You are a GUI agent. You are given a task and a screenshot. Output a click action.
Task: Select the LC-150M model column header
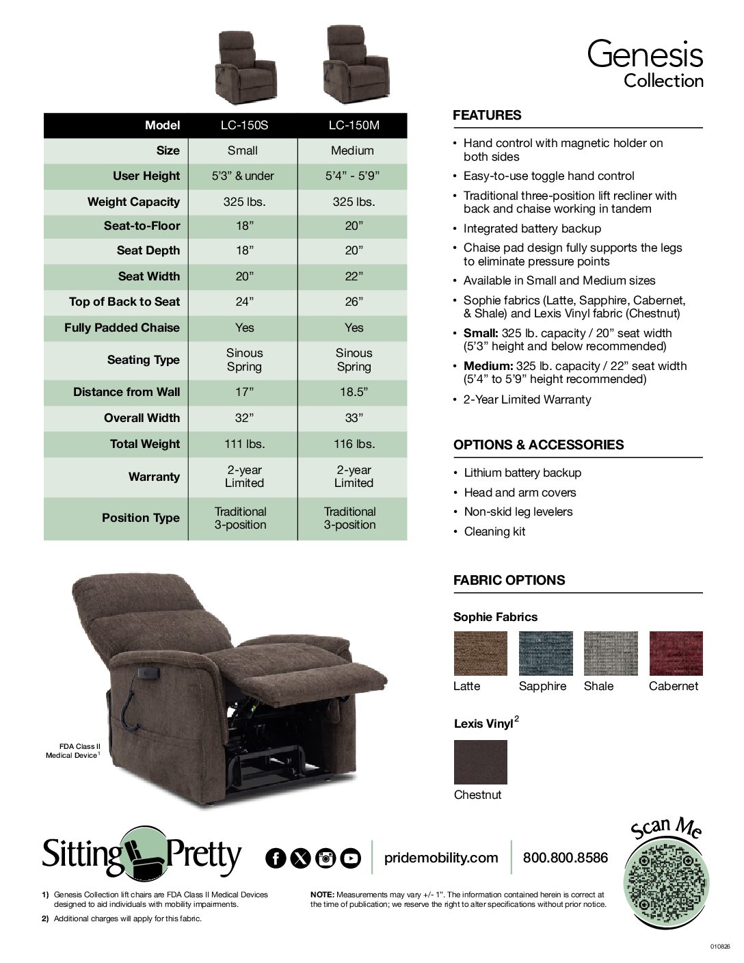[x=353, y=125]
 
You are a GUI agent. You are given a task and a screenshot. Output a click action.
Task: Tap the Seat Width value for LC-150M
[x=353, y=276]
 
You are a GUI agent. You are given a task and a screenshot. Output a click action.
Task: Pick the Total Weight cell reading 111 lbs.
[x=243, y=444]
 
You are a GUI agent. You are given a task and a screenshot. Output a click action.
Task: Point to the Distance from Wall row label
[x=127, y=392]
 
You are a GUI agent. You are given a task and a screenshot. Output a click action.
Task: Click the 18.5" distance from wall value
[x=353, y=392]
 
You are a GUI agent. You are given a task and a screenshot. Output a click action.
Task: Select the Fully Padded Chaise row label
[x=122, y=328]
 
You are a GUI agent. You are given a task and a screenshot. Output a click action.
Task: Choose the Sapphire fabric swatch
[x=546, y=653]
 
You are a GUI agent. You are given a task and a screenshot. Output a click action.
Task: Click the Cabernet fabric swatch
[x=676, y=653]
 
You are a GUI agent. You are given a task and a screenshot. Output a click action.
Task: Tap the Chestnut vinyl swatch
[x=481, y=762]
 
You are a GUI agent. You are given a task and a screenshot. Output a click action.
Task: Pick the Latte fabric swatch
[x=481, y=653]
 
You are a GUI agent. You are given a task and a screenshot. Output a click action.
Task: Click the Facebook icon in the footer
[x=276, y=858]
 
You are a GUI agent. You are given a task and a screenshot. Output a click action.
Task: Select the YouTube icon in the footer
[x=350, y=858]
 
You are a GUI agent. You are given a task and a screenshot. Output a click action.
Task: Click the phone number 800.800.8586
[x=565, y=858]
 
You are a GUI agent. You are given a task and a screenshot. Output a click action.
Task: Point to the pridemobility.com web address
[x=441, y=858]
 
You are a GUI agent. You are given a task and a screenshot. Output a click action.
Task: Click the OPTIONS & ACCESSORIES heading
[x=538, y=445]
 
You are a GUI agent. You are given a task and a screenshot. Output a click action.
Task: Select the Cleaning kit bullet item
[x=494, y=531]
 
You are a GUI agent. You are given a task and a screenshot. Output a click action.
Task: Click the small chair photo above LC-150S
[x=245, y=66]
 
